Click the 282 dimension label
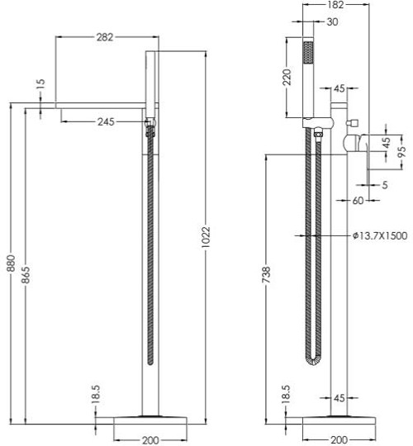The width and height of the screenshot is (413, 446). click(x=105, y=37)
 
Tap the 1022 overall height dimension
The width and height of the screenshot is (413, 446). click(x=206, y=237)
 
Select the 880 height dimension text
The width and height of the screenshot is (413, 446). click(x=11, y=263)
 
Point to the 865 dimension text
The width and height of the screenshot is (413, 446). click(x=26, y=275)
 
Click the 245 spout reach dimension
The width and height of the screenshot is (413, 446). click(x=106, y=121)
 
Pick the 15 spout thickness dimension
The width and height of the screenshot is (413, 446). click(x=40, y=84)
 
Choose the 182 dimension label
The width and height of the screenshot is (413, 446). click(x=335, y=5)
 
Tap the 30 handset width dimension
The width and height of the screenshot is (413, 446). click(x=332, y=21)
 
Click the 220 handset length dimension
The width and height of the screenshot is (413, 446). click(x=287, y=77)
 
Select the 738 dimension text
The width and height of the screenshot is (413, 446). click(x=266, y=275)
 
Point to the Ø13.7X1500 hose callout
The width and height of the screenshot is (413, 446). click(x=380, y=235)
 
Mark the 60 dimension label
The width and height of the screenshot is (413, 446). click(x=358, y=201)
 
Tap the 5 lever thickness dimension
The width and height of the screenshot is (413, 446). click(x=385, y=185)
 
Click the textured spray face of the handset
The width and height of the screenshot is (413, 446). click(x=308, y=52)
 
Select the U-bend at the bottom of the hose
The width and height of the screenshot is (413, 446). click(x=312, y=361)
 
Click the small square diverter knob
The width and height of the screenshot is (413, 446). click(x=352, y=123)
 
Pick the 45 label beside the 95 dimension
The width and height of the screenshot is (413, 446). click(x=386, y=143)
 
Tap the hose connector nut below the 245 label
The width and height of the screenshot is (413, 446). click(x=150, y=132)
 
